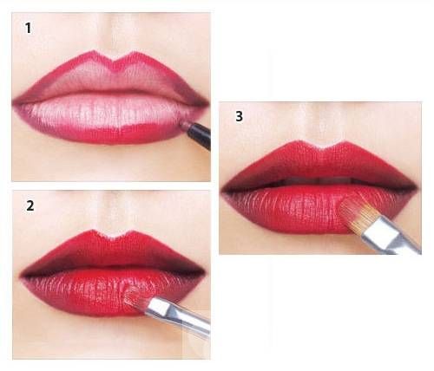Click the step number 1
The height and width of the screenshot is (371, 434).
(28, 29)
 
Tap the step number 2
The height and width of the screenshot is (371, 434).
(30, 205)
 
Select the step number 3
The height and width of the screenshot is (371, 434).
(239, 116)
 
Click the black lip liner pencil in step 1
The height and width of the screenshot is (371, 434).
(198, 135)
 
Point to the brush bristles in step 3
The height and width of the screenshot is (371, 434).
(357, 214)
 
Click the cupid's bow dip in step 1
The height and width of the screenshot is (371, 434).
(114, 61)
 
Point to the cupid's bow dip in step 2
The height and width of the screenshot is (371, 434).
(113, 238)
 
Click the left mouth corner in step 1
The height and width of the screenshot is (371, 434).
(14, 102)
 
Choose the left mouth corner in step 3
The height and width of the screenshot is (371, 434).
(222, 190)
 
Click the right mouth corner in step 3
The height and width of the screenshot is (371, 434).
(417, 187)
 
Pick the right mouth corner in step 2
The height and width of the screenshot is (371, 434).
(204, 272)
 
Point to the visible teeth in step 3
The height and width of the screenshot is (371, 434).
(319, 181)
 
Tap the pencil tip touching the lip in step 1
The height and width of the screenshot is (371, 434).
(183, 124)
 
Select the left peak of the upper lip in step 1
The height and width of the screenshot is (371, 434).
(93, 52)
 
